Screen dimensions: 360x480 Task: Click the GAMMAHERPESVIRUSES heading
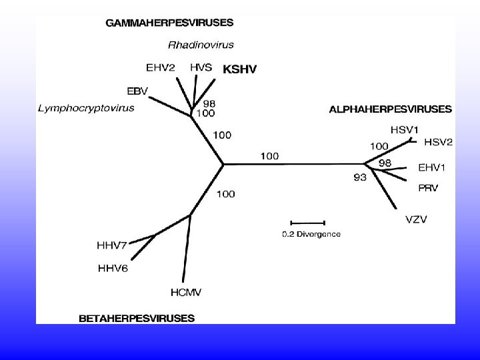[x=169, y=22]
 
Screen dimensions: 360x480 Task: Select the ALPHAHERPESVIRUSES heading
[x=390, y=109]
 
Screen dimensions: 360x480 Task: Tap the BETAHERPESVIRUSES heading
[x=137, y=318]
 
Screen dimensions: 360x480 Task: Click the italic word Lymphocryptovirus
[x=86, y=107]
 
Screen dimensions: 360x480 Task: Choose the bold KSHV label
[x=239, y=69]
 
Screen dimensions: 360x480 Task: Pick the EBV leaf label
[x=137, y=91]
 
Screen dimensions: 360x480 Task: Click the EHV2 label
[x=161, y=67]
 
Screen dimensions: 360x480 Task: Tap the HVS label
[x=202, y=67]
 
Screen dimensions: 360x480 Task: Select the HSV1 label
[x=405, y=129]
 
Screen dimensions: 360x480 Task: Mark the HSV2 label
[x=439, y=142]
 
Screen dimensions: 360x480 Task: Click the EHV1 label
[x=433, y=167]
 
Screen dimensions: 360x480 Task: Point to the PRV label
[x=428, y=188]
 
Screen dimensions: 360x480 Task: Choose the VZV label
[x=416, y=219]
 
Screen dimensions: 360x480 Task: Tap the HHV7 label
[x=112, y=245]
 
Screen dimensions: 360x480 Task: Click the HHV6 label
[x=113, y=268]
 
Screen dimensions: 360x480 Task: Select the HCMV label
[x=186, y=291]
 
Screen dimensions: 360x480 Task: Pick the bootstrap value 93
[x=360, y=177]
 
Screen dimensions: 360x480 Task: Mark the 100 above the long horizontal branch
[x=270, y=156]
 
